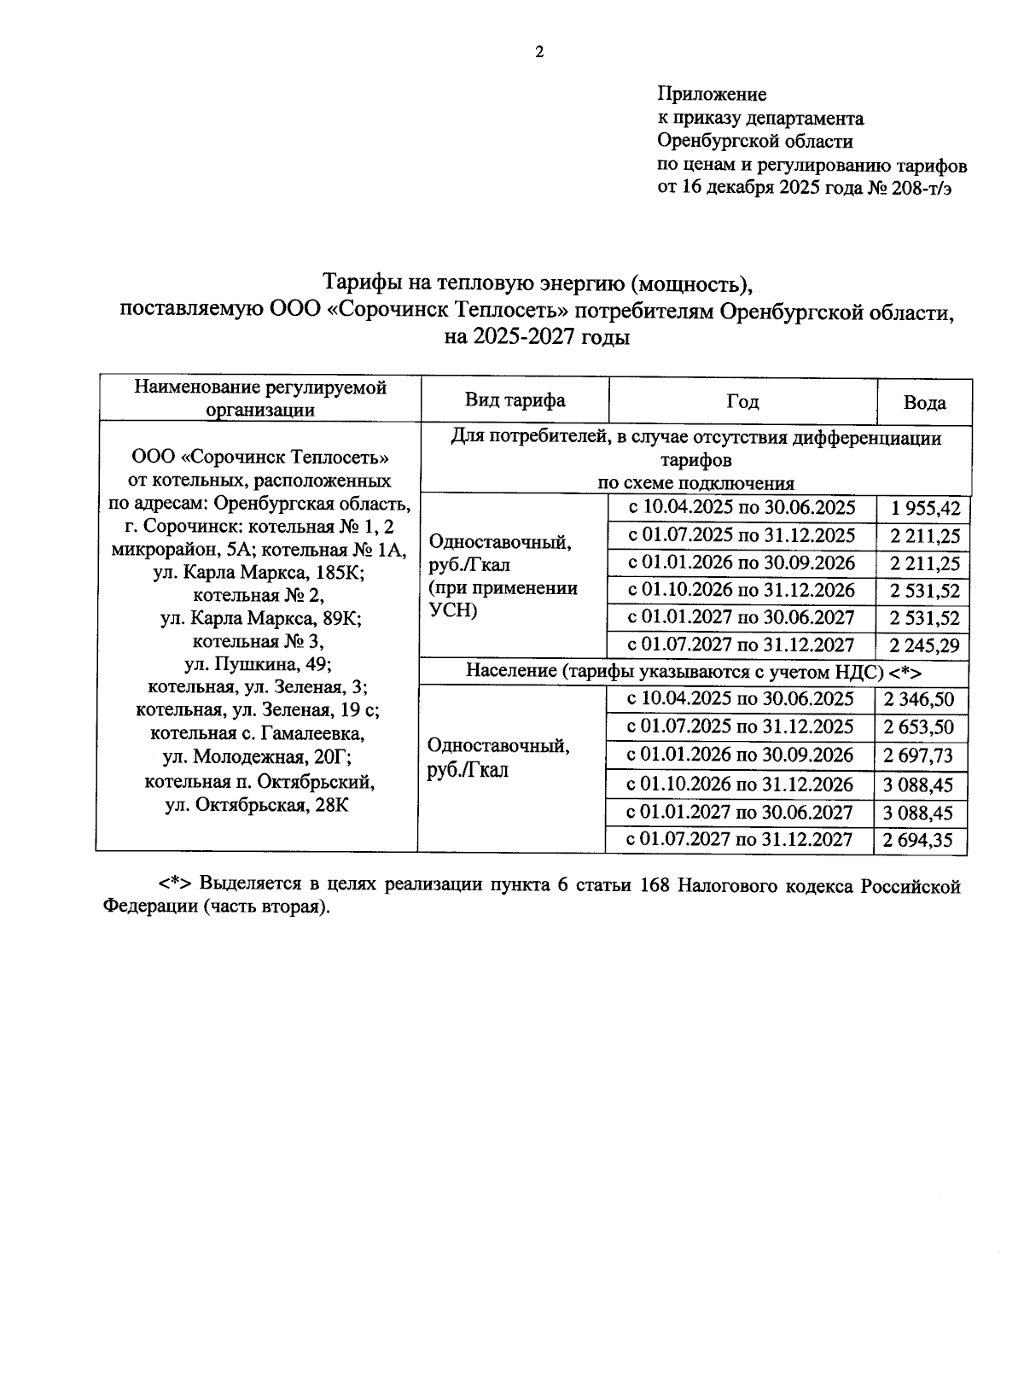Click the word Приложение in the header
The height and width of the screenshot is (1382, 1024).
coord(712,94)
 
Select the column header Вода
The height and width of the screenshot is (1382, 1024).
coord(924,403)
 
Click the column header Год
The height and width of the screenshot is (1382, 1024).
coord(742,401)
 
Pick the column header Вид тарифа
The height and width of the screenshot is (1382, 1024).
coord(515,400)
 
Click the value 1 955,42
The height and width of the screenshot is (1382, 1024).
coord(924,510)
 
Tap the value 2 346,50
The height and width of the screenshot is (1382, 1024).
coord(919,700)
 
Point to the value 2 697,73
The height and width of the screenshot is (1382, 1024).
coord(919,756)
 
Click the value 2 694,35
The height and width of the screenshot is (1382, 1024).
coord(919,841)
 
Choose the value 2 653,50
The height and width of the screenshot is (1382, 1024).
coord(919,728)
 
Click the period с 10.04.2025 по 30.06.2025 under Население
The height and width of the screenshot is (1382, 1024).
coord(740,699)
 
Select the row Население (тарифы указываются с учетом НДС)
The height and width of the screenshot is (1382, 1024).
coord(694,672)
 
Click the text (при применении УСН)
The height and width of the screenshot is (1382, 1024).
coord(502,599)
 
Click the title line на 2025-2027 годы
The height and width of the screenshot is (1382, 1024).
coord(537,337)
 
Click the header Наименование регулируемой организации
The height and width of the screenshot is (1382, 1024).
coord(260,399)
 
